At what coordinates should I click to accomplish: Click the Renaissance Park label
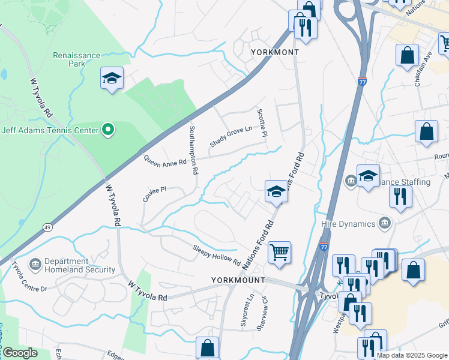tap(76, 59)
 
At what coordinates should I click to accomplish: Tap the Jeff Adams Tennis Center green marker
tap(107, 129)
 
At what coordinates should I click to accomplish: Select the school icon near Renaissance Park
tap(112, 79)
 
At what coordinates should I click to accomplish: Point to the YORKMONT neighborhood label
tap(274, 53)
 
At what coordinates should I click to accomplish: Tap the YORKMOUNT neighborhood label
tap(238, 280)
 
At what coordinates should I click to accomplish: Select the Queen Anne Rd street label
tap(165, 160)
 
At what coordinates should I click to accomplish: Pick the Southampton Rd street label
tap(193, 150)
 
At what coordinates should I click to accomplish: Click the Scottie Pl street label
tap(261, 122)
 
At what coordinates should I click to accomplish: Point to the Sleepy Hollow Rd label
tap(216, 256)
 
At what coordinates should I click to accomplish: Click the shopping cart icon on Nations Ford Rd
tap(279, 253)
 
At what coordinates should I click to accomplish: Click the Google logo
tap(20, 353)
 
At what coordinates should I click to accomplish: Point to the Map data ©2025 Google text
tap(412, 355)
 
